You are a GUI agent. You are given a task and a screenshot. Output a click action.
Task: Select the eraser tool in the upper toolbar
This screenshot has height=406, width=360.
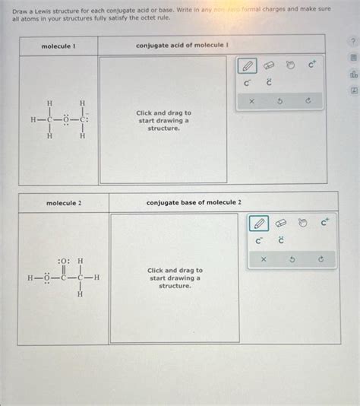pyautogui.click(x=270, y=65)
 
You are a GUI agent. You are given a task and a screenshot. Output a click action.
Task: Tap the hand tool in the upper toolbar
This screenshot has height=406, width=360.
pyautogui.click(x=291, y=65)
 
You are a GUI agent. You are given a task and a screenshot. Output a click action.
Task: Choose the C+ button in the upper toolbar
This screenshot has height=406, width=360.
pyautogui.click(x=312, y=65)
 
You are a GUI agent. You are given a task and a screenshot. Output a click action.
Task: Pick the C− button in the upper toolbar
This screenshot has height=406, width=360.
pyautogui.click(x=248, y=83)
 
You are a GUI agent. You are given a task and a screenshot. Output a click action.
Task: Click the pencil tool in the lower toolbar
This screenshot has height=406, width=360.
pyautogui.click(x=259, y=224)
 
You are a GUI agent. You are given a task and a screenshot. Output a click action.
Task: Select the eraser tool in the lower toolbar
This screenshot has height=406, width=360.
pyautogui.click(x=282, y=224)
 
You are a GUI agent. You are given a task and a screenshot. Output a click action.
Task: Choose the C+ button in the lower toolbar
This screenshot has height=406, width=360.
pyautogui.click(x=325, y=223)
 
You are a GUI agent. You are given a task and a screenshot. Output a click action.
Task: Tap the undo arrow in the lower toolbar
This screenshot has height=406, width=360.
pyautogui.click(x=292, y=260)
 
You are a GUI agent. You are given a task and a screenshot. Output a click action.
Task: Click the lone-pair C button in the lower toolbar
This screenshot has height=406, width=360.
pyautogui.click(x=280, y=241)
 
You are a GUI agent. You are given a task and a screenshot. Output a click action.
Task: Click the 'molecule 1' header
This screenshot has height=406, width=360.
pyautogui.click(x=58, y=46)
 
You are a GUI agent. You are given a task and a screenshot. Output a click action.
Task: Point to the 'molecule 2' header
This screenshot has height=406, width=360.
pyautogui.click(x=64, y=203)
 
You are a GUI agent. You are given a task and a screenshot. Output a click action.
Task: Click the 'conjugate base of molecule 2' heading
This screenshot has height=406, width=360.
pyautogui.click(x=194, y=203)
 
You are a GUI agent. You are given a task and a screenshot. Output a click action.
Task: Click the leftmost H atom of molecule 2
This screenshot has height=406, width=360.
pyautogui.click(x=30, y=278)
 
